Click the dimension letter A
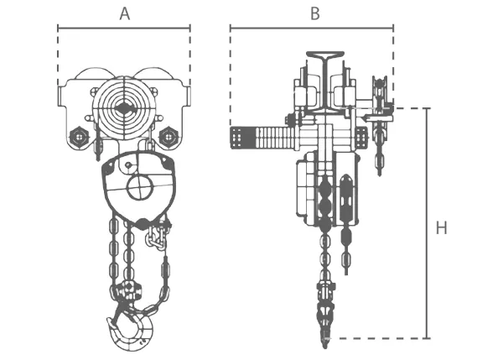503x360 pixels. tap(124, 13)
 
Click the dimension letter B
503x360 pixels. tap(314, 13)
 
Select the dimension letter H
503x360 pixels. tap(441, 227)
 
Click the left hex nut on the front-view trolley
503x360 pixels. tap(77, 136)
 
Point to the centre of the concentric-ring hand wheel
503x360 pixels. tap(124, 108)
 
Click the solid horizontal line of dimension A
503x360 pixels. tap(124, 28)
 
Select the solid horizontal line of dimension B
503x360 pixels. tap(312, 28)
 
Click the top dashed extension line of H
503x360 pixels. tap(411, 108)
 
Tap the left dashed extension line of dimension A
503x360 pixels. tap(58, 59)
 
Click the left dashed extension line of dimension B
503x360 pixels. tap(231, 76)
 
